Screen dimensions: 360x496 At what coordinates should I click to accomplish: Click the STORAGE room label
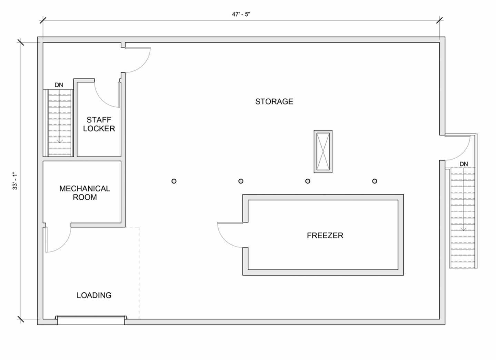(x=274, y=101)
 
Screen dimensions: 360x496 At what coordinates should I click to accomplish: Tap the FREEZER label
(x=325, y=236)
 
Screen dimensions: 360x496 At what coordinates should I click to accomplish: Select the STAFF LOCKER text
(x=99, y=124)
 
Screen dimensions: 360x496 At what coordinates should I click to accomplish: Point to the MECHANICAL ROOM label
(x=85, y=193)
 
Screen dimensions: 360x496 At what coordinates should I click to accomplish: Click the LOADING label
(x=94, y=295)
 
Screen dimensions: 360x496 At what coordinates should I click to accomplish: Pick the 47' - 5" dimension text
(x=241, y=14)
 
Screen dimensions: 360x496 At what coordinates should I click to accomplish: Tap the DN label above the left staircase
(x=59, y=85)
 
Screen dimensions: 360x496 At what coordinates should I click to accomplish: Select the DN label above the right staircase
(x=464, y=164)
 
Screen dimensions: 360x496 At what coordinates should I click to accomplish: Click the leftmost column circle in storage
(x=174, y=181)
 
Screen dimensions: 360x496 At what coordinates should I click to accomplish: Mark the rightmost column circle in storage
(x=375, y=181)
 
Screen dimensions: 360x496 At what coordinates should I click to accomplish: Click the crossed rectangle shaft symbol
(x=323, y=151)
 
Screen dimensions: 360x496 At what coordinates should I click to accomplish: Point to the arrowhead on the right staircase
(x=463, y=229)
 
